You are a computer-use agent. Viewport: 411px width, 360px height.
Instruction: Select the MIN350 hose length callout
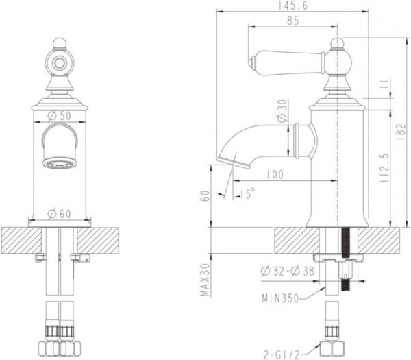click(x=283, y=299)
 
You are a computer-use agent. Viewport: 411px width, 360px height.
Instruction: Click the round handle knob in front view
click(x=60, y=60)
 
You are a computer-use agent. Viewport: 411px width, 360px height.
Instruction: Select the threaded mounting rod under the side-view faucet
click(x=347, y=250)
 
